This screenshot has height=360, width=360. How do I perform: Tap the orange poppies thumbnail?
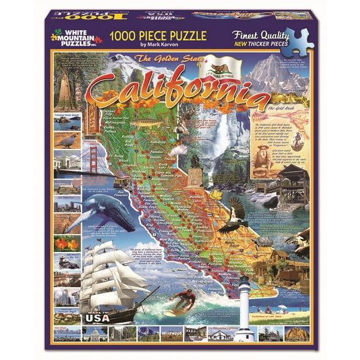point(65,244)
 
